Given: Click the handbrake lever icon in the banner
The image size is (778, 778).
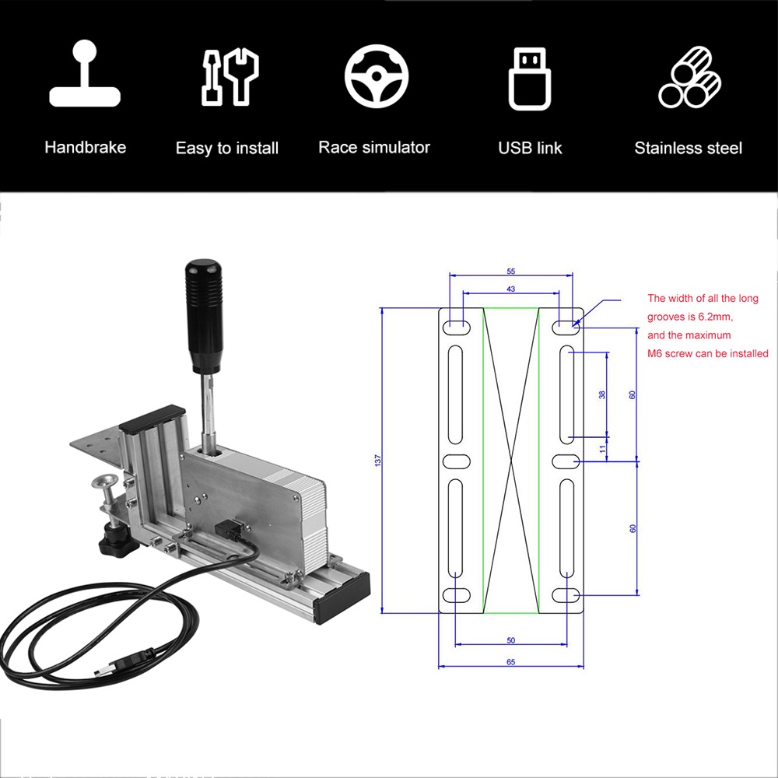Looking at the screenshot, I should click(85, 75).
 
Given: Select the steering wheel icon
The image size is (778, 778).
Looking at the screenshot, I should click(377, 76).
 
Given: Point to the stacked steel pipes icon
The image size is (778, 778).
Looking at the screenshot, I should click(689, 76).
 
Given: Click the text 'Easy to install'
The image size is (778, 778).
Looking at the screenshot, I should click(226, 148).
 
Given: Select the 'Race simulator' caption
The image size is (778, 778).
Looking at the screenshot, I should click(373, 147).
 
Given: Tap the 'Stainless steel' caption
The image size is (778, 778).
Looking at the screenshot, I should click(688, 148).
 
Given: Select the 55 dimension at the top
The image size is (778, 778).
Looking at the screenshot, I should click(510, 272).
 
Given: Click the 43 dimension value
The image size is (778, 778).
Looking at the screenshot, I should click(510, 289).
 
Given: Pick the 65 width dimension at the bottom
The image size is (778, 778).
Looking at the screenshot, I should click(510, 662).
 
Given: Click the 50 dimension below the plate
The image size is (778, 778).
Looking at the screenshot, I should click(510, 640).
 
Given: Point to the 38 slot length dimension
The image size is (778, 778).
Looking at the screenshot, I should click(601, 394).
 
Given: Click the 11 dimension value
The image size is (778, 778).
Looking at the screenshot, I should click(601, 449).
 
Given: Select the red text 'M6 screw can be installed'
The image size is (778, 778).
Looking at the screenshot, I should click(707, 354).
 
